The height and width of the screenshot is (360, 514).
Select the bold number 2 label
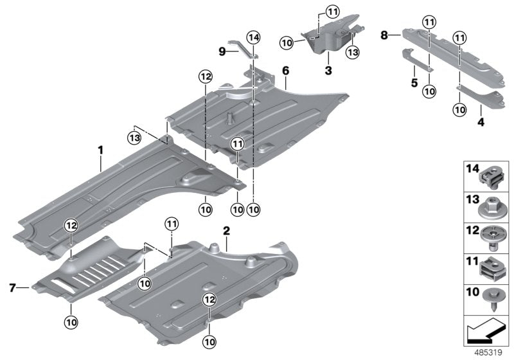[226, 230]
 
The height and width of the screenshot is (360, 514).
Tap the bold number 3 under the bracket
[328, 70]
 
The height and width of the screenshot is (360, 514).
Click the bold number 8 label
[384, 35]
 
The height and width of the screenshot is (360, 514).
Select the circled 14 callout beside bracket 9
[253, 39]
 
